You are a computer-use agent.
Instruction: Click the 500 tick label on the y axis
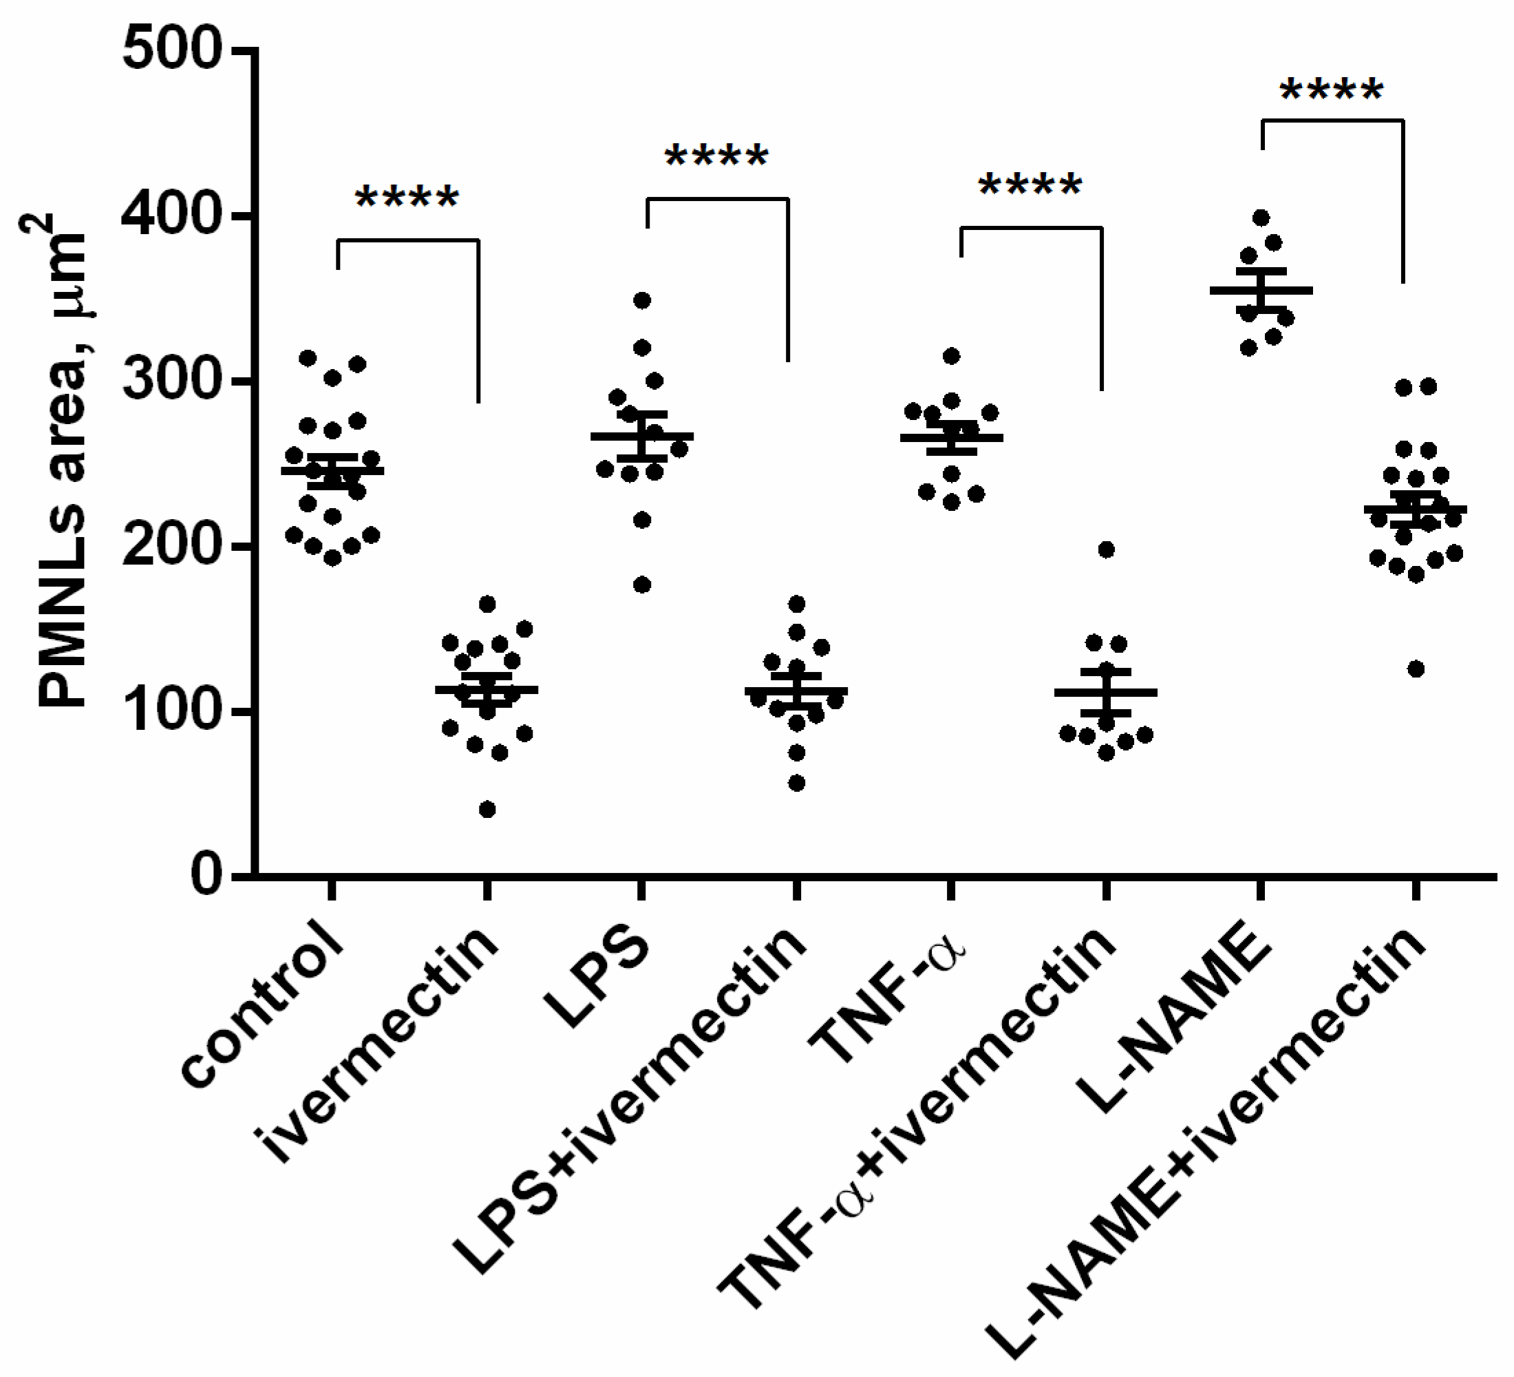coord(173,51)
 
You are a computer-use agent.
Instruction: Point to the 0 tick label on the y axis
coord(206,876)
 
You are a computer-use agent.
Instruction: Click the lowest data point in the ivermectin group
coord(487,809)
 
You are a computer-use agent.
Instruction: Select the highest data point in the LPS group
coord(642,300)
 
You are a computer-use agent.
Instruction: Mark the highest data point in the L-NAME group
coord(1261,218)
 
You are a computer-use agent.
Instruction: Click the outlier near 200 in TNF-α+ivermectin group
coord(1106,550)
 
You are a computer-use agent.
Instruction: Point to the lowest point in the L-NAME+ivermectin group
coord(1416,669)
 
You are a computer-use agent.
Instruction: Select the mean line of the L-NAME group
coord(1261,290)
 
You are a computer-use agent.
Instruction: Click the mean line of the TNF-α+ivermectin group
coord(1105,692)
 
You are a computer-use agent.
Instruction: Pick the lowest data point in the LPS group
coord(642,585)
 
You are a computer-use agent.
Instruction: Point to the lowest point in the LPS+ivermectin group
coord(797,784)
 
